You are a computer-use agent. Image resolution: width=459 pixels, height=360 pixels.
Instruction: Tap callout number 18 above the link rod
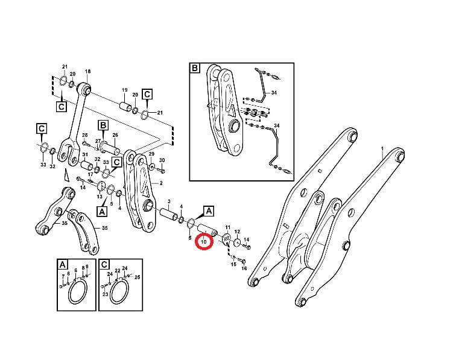(88, 71)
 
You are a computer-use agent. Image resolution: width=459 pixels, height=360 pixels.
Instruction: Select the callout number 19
(125, 90)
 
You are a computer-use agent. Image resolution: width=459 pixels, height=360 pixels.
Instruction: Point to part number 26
(115, 135)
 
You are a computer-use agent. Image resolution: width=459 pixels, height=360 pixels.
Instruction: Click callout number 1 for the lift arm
(382, 149)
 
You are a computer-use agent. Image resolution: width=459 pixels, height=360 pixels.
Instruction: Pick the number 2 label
(161, 183)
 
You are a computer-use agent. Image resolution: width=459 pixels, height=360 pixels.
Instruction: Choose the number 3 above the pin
(169, 201)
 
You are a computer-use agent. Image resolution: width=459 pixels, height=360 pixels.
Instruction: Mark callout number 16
(244, 268)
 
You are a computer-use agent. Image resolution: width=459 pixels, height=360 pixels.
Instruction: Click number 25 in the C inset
(138, 277)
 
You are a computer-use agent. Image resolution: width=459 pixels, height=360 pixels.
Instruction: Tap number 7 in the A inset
(63, 276)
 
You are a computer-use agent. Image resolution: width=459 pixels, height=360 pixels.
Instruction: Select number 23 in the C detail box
(106, 294)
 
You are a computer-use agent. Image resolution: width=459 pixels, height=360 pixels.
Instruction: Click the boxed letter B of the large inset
(195, 69)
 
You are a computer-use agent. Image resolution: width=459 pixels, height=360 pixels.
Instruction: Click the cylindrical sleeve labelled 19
(126, 107)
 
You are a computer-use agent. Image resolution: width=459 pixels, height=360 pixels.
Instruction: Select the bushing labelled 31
(87, 166)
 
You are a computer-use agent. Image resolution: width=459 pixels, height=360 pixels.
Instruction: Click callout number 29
(151, 154)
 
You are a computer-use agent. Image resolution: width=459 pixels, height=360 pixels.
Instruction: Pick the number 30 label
(162, 160)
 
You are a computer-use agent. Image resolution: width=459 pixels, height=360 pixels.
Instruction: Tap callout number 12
(237, 232)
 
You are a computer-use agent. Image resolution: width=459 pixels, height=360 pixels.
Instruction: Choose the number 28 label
(85, 135)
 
